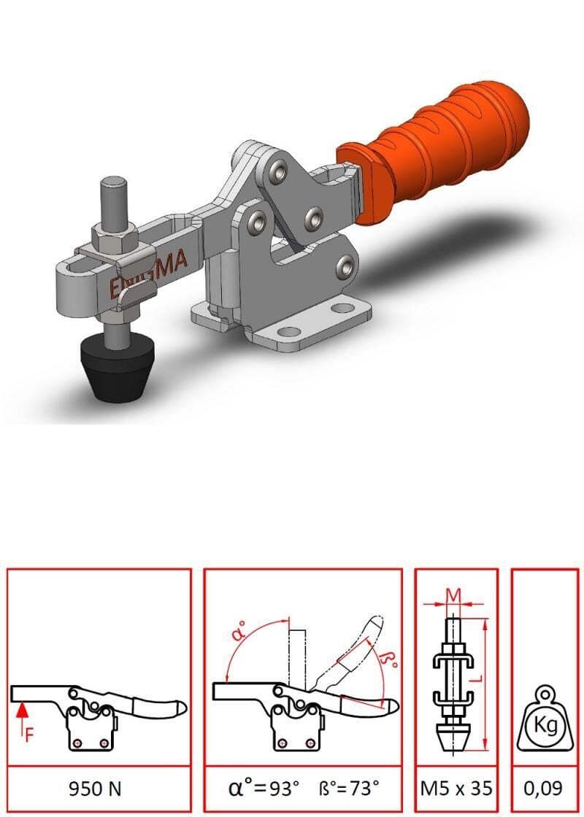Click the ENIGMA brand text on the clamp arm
coord(148,274)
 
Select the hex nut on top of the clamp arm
coord(115,238)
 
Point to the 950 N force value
coord(95,789)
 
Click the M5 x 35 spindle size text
coord(456,789)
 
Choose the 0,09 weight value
coord(543,789)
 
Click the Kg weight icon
coord(545,721)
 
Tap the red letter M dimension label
coord(453,594)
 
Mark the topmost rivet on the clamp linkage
coord(280,171)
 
